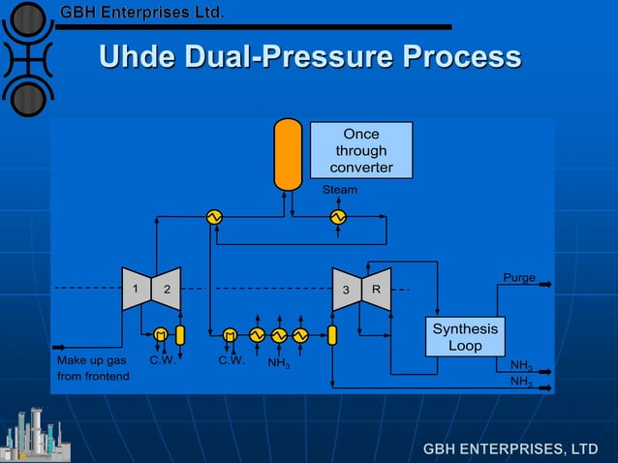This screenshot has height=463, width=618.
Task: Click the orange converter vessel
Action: pyautogui.click(x=288, y=153)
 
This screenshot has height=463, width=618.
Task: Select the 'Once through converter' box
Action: pyautogui.click(x=361, y=150)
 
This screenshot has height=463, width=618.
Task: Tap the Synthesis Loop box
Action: pyautogui.click(x=465, y=337)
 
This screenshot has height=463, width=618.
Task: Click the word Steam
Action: pyautogui.click(x=339, y=190)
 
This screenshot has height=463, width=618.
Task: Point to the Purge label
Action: pyautogui.click(x=519, y=278)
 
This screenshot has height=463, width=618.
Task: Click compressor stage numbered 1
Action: pyautogui.click(x=136, y=289)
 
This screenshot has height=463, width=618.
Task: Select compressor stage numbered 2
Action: pyautogui.click(x=167, y=289)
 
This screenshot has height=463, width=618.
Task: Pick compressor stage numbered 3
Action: pyautogui.click(x=346, y=289)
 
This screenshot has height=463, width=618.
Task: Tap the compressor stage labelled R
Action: pyautogui.click(x=377, y=289)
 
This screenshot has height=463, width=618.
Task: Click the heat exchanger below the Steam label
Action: pyautogui.click(x=338, y=217)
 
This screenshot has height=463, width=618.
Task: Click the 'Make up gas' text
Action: pyautogui.click(x=92, y=360)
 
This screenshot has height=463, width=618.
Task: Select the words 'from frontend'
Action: pyautogui.click(x=93, y=376)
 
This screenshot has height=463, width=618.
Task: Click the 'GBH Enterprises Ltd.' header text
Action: pyautogui.click(x=142, y=14)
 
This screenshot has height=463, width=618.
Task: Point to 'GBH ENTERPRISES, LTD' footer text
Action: pyautogui.click(x=510, y=448)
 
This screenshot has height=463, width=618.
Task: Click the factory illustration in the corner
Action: pyautogui.click(x=33, y=434)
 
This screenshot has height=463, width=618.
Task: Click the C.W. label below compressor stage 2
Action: pyautogui.click(x=161, y=360)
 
